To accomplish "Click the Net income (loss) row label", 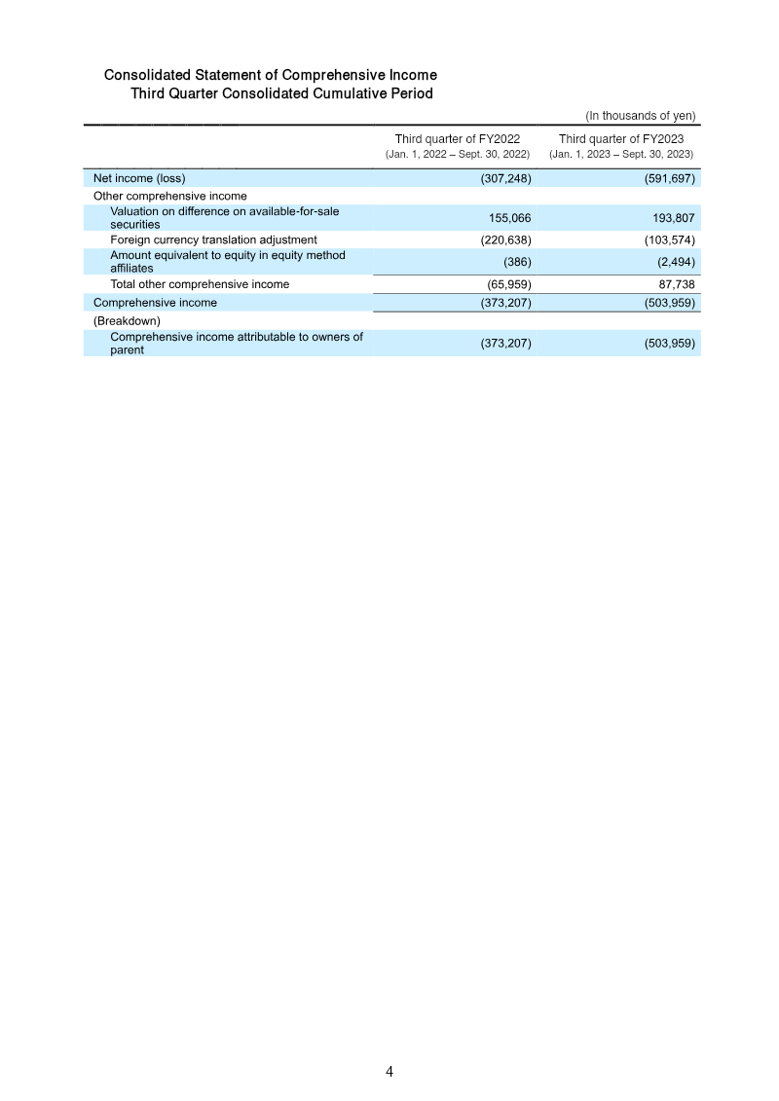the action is (139, 178).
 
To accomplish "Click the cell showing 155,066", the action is (509, 218).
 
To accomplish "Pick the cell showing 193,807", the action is (673, 218).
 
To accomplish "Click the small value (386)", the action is (516, 262).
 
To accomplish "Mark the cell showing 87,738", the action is (675, 284).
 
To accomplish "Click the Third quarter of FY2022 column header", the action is (457, 139).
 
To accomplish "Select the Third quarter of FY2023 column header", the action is (621, 139).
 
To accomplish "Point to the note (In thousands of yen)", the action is (640, 115).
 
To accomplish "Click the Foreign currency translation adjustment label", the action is (213, 239).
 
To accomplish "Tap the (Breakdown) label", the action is (127, 320).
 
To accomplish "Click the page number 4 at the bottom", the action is (389, 1072).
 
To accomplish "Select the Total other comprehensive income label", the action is (200, 284).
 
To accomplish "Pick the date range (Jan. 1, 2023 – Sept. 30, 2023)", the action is (621, 155).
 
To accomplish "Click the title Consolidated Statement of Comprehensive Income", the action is (270, 75).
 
